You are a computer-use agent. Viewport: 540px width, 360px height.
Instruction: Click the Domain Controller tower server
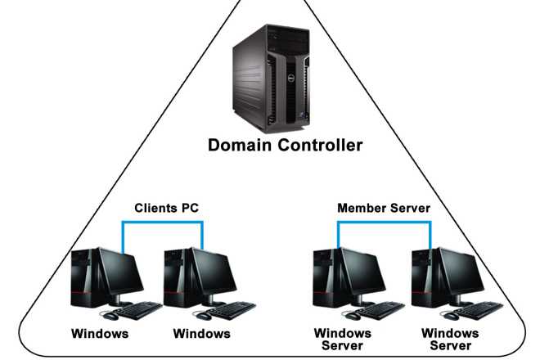[x=271, y=79]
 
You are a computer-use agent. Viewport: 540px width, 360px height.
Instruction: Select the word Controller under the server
[x=320, y=145]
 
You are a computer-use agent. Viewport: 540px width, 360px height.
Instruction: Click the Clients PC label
[x=167, y=208]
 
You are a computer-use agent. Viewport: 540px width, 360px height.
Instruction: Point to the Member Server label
[x=384, y=208]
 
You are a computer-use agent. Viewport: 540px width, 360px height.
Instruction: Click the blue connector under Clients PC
[x=163, y=223]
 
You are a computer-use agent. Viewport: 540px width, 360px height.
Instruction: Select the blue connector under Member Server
[x=385, y=223]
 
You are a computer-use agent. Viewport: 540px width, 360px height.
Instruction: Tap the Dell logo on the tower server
[x=290, y=79]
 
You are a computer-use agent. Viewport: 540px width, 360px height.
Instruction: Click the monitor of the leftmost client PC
[x=120, y=276]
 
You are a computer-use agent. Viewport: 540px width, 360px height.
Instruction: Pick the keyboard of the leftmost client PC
[x=137, y=310]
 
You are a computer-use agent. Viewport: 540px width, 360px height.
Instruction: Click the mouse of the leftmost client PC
[x=110, y=315]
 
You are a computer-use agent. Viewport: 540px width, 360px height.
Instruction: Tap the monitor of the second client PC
[x=214, y=276]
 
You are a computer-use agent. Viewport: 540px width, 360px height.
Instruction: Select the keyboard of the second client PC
[x=231, y=310]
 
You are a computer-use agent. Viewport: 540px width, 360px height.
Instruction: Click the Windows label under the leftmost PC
[x=100, y=334]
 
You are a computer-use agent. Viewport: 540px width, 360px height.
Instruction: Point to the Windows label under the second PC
[x=202, y=334]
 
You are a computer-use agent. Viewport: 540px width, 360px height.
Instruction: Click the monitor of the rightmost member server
[x=461, y=276]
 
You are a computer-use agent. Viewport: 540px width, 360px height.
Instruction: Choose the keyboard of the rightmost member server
[x=479, y=310]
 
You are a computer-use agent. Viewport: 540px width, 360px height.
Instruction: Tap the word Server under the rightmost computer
[x=451, y=345]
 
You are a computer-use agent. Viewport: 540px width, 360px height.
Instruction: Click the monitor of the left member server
[x=363, y=276]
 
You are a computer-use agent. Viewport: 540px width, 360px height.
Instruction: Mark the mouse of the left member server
[x=352, y=315]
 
